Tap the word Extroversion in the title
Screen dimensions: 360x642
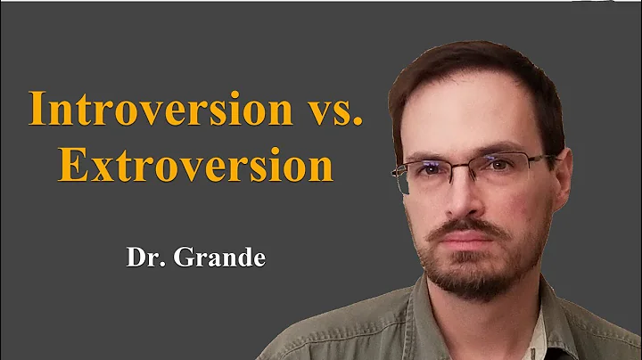[x=196, y=167]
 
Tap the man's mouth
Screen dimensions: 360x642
[x=470, y=242]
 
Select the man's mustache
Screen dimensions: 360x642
[x=470, y=230]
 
